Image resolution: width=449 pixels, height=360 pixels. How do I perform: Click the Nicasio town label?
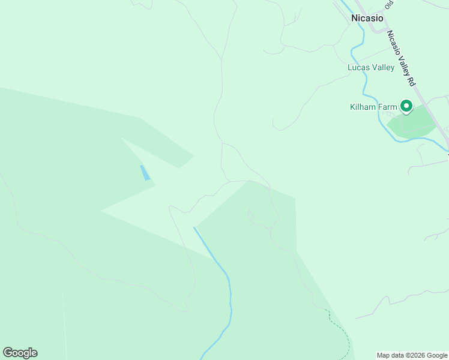367,18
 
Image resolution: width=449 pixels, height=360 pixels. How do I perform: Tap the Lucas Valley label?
371,67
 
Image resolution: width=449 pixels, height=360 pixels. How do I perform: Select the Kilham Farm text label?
373,107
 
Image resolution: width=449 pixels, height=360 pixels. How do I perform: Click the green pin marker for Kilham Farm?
406,106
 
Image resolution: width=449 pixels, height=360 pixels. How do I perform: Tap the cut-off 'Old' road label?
389,5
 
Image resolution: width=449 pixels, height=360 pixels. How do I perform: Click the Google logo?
20,353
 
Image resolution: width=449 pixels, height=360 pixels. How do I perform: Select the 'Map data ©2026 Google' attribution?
412,355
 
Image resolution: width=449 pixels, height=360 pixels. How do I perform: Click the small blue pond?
145,173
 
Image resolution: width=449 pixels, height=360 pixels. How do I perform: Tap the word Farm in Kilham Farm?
388,107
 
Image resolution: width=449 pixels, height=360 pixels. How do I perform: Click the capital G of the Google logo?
8,353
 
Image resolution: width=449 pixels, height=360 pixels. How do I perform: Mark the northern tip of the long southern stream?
194,227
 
